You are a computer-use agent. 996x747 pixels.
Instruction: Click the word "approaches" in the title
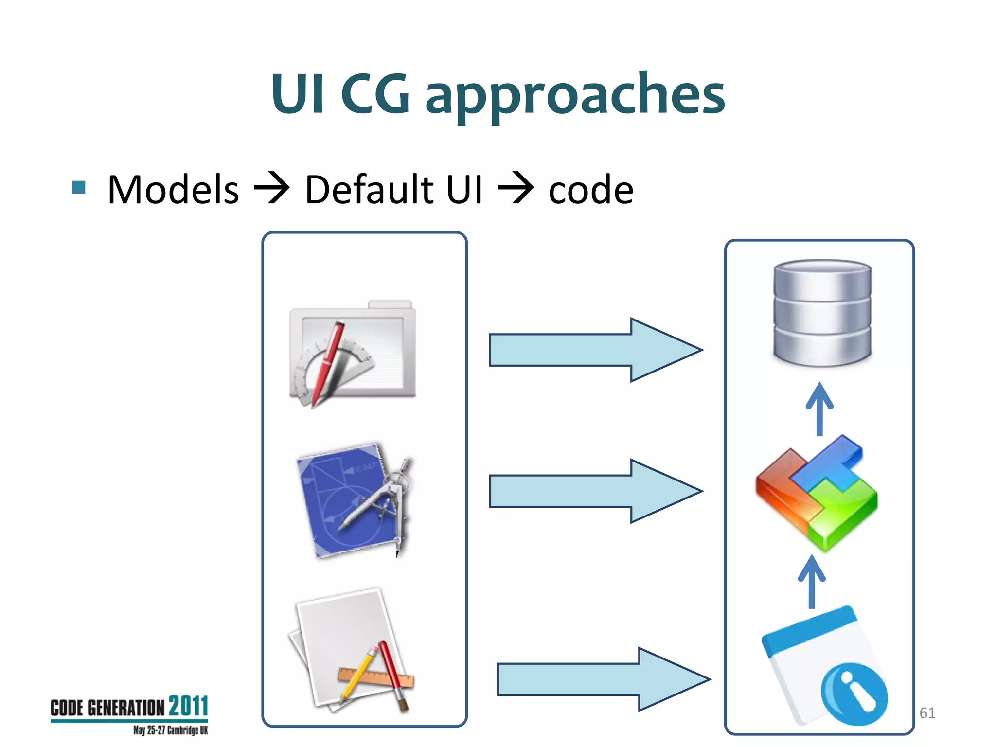(575, 95)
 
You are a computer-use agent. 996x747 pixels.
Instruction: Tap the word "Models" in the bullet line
(173, 189)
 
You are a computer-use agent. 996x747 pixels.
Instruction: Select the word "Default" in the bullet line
(369, 189)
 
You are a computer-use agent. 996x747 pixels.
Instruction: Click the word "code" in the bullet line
(591, 190)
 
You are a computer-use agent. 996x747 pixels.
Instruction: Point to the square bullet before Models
(79, 187)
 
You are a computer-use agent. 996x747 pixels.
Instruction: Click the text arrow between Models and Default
(272, 188)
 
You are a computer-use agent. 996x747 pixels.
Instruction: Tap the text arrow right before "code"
(516, 188)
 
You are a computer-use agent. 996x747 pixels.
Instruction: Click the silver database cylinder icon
(822, 313)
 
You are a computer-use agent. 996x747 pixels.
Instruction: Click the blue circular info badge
(854, 694)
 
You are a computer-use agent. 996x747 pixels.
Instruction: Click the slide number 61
(927, 713)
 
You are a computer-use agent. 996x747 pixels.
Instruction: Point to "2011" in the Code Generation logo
(188, 706)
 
